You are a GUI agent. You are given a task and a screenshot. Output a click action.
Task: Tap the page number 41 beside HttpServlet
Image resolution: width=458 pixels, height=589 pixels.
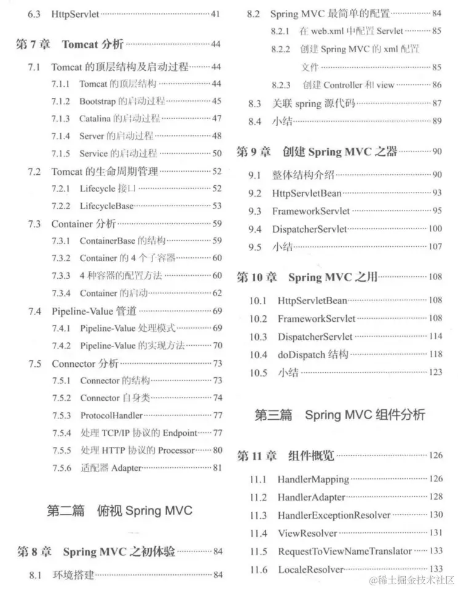(216, 13)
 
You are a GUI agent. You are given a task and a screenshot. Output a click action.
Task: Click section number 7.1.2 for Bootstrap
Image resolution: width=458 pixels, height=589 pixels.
(61, 101)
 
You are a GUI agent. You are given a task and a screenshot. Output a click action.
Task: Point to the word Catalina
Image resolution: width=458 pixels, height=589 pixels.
(95, 118)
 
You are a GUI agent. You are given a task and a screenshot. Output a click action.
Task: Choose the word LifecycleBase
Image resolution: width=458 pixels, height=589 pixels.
(106, 206)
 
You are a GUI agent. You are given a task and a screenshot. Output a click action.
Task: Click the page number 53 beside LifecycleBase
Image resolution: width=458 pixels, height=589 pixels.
(217, 206)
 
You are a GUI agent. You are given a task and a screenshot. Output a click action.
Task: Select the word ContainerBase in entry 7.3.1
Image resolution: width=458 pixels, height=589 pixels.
(107, 241)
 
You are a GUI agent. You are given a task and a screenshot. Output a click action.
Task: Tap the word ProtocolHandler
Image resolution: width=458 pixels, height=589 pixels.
(111, 415)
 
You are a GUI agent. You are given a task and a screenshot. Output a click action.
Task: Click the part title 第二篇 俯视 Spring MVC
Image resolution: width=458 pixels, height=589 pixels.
(119, 510)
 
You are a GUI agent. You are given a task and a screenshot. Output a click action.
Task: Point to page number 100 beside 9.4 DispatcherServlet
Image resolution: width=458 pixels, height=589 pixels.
(435, 229)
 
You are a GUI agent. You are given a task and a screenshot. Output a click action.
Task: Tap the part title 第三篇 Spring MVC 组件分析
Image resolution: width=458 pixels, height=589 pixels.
(340, 414)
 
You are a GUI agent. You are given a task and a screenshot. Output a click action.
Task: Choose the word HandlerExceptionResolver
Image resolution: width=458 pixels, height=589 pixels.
(334, 515)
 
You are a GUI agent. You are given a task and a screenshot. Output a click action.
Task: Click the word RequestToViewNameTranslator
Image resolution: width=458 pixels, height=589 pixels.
(345, 551)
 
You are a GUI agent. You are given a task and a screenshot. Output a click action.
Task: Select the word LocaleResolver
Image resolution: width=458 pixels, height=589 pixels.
(310, 569)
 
